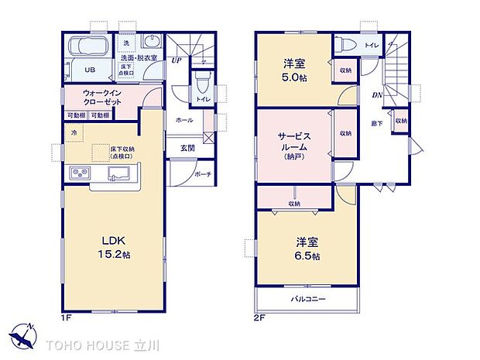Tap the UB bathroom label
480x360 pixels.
click(x=90, y=69)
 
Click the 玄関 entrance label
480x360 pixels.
click(x=188, y=148)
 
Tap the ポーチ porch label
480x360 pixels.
click(x=204, y=173)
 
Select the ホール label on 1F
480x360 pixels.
click(x=184, y=121)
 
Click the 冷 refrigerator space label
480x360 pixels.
click(x=75, y=133)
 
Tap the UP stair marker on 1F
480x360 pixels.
click(x=177, y=60)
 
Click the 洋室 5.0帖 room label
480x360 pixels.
click(x=294, y=70)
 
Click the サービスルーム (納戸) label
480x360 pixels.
click(x=294, y=145)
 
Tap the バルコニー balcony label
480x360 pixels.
click(x=308, y=299)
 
